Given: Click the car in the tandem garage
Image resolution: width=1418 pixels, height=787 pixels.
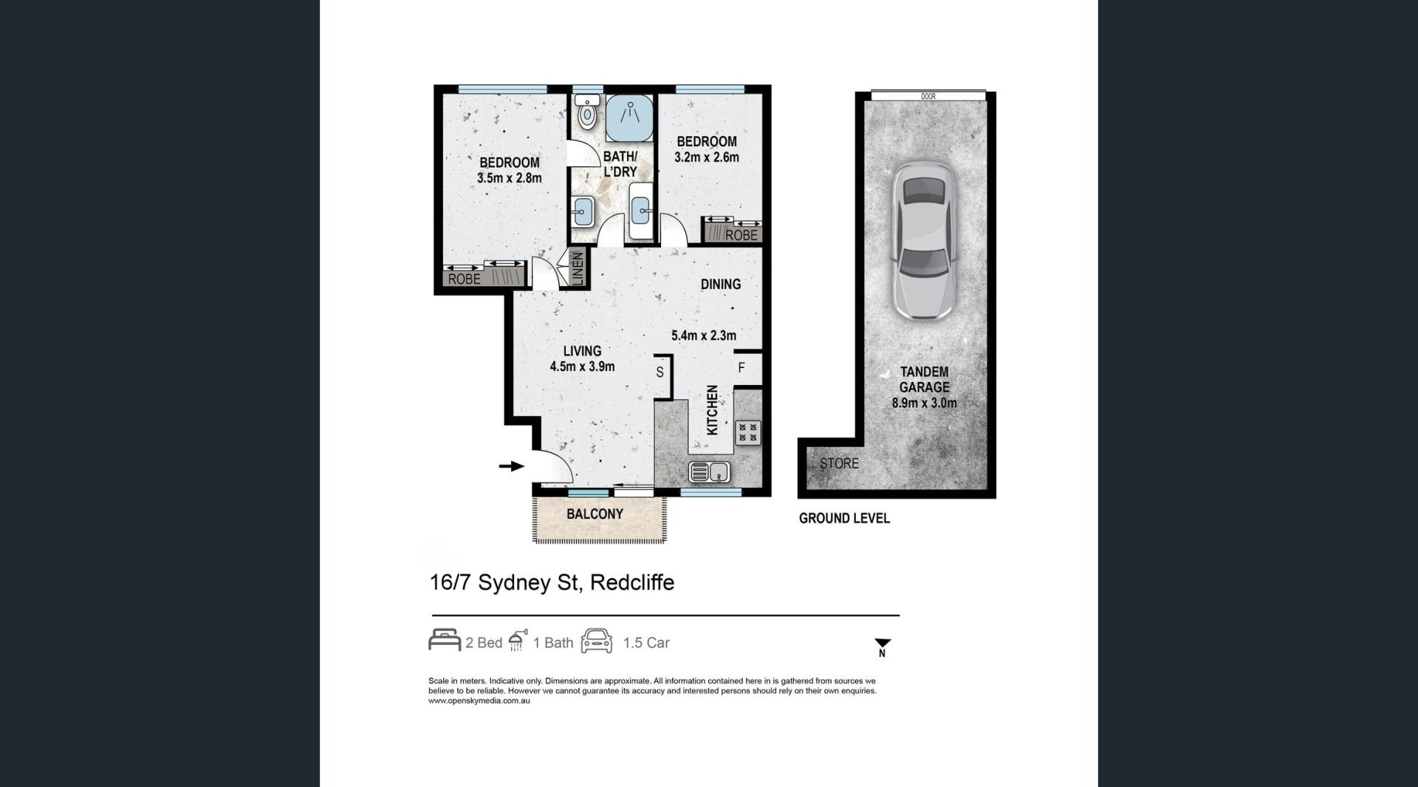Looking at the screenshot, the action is (923, 241).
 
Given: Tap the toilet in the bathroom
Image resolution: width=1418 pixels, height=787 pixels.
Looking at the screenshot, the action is (587, 112).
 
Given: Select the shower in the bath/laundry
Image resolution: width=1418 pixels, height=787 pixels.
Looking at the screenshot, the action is (630, 117).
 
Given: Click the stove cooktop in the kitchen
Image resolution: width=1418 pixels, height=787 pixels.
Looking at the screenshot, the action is (747, 432).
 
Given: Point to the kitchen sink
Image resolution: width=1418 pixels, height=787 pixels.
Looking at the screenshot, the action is (710, 471).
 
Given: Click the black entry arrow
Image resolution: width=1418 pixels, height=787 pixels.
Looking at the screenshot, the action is (512, 466).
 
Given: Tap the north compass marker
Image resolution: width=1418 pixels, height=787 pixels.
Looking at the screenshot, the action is (883, 647).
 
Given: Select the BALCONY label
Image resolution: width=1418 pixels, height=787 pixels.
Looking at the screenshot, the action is (595, 514).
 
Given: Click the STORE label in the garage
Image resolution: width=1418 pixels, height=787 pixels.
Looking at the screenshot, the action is (839, 463).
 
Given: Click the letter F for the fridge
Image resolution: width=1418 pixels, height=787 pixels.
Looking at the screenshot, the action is (741, 367).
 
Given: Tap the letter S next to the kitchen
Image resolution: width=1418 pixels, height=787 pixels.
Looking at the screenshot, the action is (660, 372).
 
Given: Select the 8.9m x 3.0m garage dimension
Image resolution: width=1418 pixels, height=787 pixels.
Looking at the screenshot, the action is (924, 403).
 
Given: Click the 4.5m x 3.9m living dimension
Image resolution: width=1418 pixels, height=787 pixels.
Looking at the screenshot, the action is (582, 366).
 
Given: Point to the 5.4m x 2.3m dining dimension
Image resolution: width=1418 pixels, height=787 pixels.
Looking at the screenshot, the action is (703, 335).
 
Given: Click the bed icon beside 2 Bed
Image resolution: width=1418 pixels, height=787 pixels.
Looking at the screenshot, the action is (445, 640).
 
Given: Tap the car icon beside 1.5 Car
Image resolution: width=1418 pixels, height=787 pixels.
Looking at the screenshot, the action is (597, 641).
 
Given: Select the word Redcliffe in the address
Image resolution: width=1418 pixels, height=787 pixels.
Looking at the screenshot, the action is (632, 582).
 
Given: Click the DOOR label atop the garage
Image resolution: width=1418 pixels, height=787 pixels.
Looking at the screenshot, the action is (928, 96).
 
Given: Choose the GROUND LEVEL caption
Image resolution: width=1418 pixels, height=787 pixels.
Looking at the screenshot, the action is (844, 518).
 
